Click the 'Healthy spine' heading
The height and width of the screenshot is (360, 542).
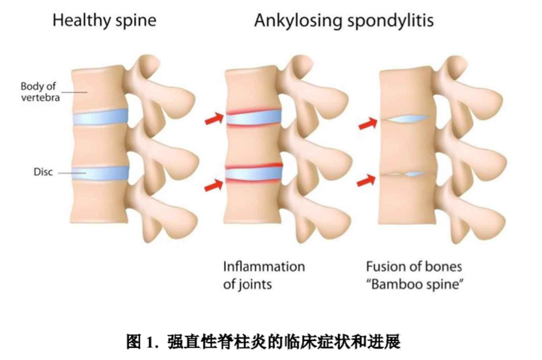click(x=105, y=20)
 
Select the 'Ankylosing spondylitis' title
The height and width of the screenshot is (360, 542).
click(x=344, y=21)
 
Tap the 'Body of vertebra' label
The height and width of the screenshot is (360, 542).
click(x=40, y=92)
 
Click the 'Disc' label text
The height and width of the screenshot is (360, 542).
click(x=43, y=172)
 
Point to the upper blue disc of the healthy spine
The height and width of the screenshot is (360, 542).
click(x=100, y=117)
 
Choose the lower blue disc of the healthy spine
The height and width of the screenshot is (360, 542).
click(x=100, y=172)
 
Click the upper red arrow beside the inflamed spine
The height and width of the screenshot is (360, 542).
click(x=215, y=118)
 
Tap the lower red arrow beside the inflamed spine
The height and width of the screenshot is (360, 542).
click(x=214, y=185)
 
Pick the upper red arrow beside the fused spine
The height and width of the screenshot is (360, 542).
click(x=368, y=124)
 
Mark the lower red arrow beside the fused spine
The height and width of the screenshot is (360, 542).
click(x=366, y=180)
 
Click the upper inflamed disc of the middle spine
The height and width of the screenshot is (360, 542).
click(x=254, y=117)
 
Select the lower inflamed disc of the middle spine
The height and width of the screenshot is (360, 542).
click(x=254, y=173)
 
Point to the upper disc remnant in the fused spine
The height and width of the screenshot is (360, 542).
click(x=407, y=119)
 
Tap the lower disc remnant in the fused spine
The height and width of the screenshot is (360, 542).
click(x=407, y=174)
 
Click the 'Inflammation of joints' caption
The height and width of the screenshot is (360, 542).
click(x=264, y=276)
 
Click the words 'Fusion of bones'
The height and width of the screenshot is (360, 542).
click(x=414, y=267)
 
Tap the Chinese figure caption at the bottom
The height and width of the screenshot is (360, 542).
click(x=263, y=342)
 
